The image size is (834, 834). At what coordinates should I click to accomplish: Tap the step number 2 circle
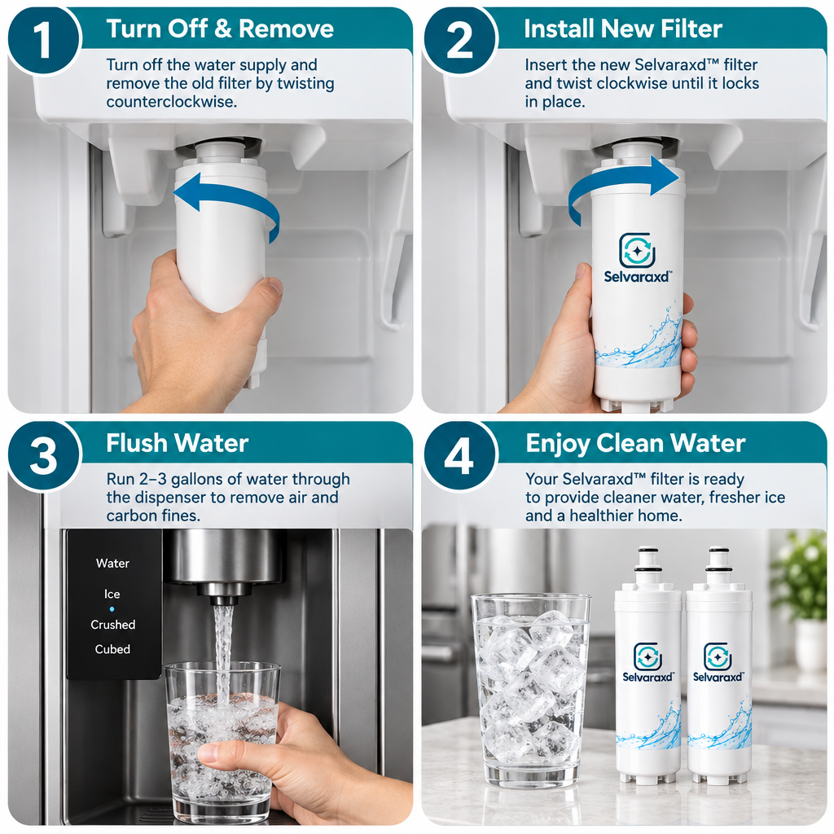pyautogui.click(x=459, y=41)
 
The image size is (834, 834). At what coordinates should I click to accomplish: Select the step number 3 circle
pyautogui.click(x=44, y=455)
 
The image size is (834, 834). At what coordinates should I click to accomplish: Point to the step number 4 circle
pyautogui.click(x=459, y=455)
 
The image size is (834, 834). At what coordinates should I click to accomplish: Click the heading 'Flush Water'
pyautogui.click(x=177, y=443)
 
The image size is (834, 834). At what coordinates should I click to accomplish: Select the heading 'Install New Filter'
pyautogui.click(x=623, y=29)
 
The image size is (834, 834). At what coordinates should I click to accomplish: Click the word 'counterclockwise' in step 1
pyautogui.click(x=171, y=101)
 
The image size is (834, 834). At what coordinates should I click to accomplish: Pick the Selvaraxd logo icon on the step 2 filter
pyautogui.click(x=637, y=250)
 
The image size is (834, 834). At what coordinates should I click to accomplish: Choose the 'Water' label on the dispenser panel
pyautogui.click(x=112, y=564)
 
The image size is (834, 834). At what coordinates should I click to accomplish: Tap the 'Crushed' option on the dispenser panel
pyautogui.click(x=112, y=625)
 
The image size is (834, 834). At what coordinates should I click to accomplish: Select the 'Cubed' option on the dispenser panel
pyautogui.click(x=112, y=649)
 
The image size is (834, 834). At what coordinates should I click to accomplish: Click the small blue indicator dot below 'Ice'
pyautogui.click(x=112, y=609)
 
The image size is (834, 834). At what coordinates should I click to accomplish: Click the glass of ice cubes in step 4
pyautogui.click(x=531, y=691)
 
